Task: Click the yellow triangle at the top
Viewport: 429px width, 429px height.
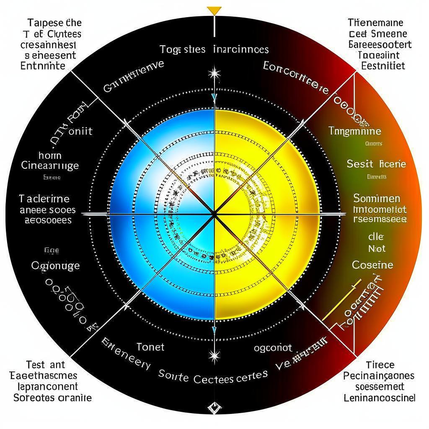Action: tap(214, 10)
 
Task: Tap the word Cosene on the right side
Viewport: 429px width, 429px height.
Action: tap(372, 265)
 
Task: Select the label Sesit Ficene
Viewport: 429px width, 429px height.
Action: tap(376, 164)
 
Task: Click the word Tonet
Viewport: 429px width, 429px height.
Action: tap(150, 347)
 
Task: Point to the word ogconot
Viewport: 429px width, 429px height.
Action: tap(273, 347)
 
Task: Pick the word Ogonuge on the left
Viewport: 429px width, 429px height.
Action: tap(55, 266)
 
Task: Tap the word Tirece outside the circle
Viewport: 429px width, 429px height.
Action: tap(380, 364)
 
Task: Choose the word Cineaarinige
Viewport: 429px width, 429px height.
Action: tap(50, 165)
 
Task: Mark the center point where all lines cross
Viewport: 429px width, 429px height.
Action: tap(214, 214)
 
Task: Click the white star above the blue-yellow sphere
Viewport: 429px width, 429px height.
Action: tap(214, 74)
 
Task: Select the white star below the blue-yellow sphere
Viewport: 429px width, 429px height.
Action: tap(214, 357)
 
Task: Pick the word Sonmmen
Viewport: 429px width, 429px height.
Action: tap(377, 198)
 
